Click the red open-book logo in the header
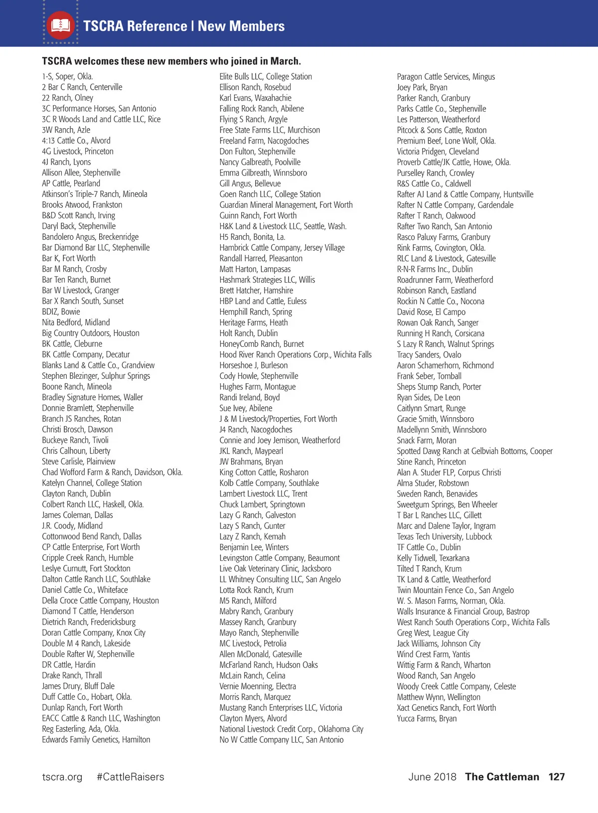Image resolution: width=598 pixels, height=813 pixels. [x=61, y=25]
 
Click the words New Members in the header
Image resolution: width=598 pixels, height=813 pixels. [x=241, y=26]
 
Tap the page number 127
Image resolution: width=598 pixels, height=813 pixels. [x=556, y=777]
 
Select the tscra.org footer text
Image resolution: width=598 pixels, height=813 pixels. [x=62, y=777]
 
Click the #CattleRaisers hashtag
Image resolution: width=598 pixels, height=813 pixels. [x=130, y=777]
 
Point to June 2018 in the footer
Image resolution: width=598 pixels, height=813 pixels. [x=432, y=777]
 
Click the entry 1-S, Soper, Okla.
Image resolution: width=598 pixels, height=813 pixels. [x=67, y=76]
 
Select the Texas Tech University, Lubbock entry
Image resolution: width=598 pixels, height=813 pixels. [x=444, y=536]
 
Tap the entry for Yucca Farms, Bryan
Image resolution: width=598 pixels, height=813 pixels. [x=427, y=718]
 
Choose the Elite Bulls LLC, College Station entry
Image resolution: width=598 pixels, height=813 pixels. [x=266, y=76]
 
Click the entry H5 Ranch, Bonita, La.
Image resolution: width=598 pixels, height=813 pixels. [x=252, y=237]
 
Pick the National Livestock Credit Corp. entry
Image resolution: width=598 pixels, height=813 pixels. [x=291, y=729]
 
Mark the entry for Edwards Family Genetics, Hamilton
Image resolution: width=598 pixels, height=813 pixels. [x=96, y=740]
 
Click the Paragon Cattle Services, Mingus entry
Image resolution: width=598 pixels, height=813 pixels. [x=446, y=76]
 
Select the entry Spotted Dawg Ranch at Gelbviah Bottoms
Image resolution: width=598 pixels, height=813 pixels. [x=474, y=451]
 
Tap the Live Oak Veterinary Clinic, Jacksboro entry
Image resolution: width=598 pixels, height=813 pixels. [x=275, y=568]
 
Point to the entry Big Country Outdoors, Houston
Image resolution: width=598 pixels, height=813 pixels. [x=91, y=333]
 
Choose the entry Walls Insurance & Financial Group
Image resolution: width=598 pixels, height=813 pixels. [x=463, y=611]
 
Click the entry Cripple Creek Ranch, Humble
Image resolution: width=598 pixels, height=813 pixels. [x=88, y=558]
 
